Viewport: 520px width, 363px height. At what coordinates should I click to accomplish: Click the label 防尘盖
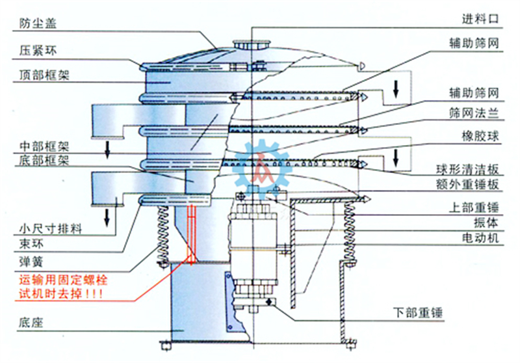pyautogui.click(x=38, y=23)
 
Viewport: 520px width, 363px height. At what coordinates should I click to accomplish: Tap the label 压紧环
pyautogui.click(x=38, y=51)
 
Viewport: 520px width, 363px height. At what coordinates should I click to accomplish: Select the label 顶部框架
pyautogui.click(x=44, y=75)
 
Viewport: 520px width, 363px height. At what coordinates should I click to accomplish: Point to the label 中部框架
pyautogui.click(x=44, y=146)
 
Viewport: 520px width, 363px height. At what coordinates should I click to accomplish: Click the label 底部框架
pyautogui.click(x=44, y=160)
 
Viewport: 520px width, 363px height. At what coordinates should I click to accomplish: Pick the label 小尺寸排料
pyautogui.click(x=51, y=228)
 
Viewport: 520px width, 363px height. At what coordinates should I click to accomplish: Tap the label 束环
pyautogui.click(x=31, y=244)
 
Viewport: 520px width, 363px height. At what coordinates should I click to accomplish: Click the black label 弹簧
pyautogui.click(x=31, y=262)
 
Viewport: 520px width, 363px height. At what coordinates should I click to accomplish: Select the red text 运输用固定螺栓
pyautogui.click(x=63, y=280)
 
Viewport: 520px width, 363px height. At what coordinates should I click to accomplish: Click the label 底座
pyautogui.click(x=31, y=322)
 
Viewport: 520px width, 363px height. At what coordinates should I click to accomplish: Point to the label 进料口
pyautogui.click(x=480, y=19)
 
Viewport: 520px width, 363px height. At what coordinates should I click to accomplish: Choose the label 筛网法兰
pyautogui.click(x=474, y=113)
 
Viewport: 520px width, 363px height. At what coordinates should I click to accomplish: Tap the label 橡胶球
pyautogui.click(x=480, y=136)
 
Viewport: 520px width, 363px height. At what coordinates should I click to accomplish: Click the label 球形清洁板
pyautogui.click(x=468, y=170)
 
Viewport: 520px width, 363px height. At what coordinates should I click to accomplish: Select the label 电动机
pyautogui.click(x=480, y=238)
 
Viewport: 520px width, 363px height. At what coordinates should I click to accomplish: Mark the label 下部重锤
pyautogui.click(x=418, y=312)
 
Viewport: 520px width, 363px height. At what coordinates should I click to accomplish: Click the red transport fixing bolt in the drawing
pyautogui.click(x=191, y=234)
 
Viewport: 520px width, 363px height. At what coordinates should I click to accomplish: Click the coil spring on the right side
pyautogui.click(x=350, y=232)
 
